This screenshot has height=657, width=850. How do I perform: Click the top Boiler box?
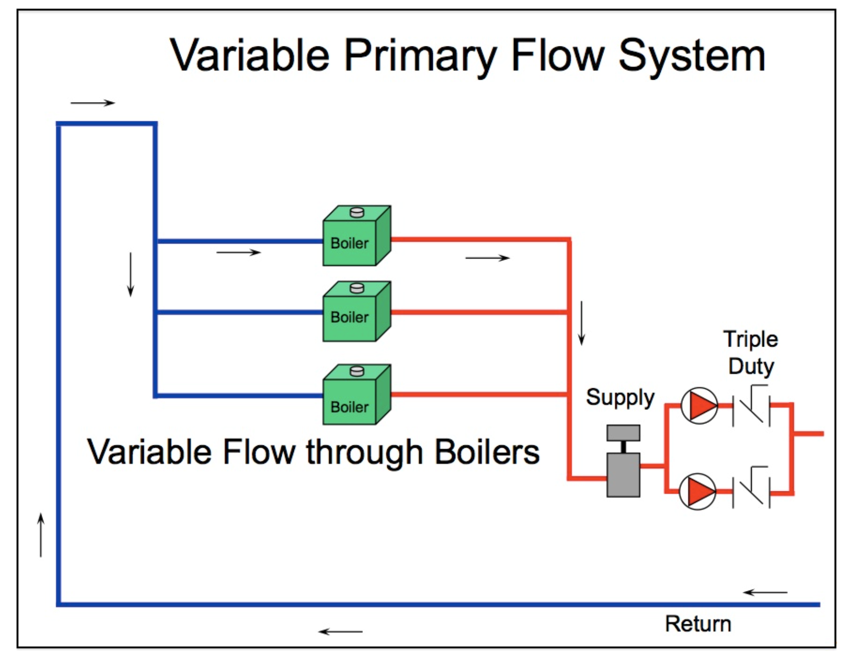click(357, 236)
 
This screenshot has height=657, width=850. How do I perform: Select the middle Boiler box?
click(357, 311)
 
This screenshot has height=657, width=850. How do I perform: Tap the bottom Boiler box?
click(357, 394)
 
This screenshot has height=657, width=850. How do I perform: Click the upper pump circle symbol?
click(699, 405)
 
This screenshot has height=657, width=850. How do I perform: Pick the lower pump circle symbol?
click(698, 491)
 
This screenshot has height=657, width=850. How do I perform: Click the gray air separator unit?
click(623, 461)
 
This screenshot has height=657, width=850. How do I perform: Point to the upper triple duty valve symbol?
click(751, 405)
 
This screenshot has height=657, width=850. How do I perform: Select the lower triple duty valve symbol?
click(751, 487)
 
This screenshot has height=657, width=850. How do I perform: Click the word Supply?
click(620, 398)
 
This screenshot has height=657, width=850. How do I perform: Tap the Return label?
click(698, 624)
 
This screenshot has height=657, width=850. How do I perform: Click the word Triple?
click(751, 340)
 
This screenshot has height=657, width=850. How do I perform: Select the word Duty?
click(751, 367)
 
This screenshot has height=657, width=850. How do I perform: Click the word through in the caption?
click(364, 453)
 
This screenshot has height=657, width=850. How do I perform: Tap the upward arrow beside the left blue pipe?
click(41, 535)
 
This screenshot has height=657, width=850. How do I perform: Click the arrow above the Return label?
click(765, 592)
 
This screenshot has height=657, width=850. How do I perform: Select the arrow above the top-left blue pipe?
click(93, 103)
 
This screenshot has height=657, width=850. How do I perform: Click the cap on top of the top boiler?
click(357, 212)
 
